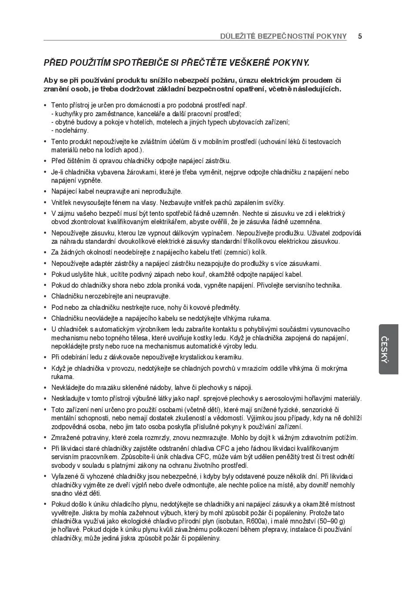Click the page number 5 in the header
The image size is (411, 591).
tap(360, 36)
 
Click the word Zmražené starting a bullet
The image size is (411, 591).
tap(66, 438)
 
